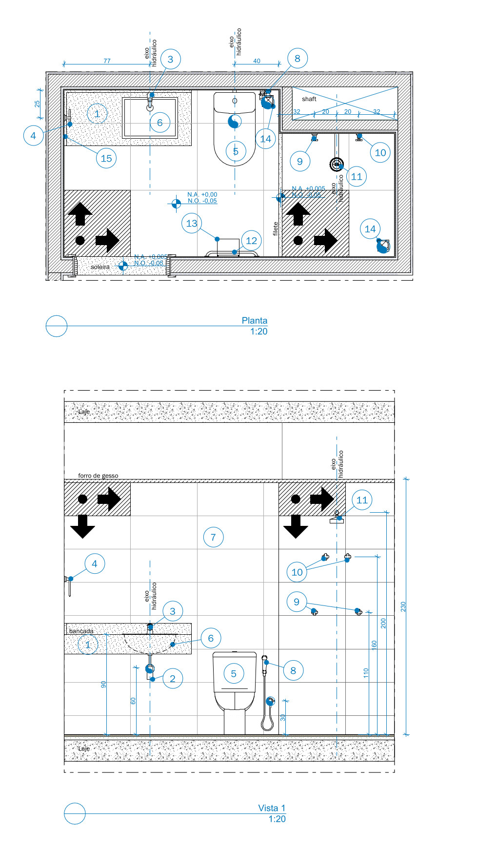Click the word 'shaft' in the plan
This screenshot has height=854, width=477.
click(309, 99)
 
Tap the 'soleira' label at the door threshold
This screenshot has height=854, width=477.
click(100, 267)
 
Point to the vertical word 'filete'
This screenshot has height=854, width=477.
click(276, 228)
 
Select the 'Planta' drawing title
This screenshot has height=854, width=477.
click(254, 320)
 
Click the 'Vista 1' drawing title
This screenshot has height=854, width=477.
click(272, 808)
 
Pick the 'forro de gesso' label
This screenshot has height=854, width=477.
click(98, 476)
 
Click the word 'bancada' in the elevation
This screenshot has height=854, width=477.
click(81, 631)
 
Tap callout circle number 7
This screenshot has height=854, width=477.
click(213, 538)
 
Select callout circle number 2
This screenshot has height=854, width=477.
click(172, 678)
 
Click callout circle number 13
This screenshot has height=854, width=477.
click(192, 223)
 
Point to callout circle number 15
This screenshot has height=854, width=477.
click(106, 158)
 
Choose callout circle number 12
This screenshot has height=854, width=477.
click(251, 240)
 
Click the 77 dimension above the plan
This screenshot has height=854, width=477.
click(107, 61)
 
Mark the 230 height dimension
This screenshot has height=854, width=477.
click(403, 606)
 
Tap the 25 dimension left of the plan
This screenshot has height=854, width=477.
click(37, 104)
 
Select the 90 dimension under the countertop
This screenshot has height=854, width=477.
click(103, 685)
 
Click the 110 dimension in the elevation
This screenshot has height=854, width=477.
click(366, 673)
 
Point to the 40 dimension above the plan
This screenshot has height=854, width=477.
click(257, 61)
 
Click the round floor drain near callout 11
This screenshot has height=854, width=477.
click(337, 164)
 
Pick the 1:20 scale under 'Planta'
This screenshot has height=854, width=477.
click(258, 332)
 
